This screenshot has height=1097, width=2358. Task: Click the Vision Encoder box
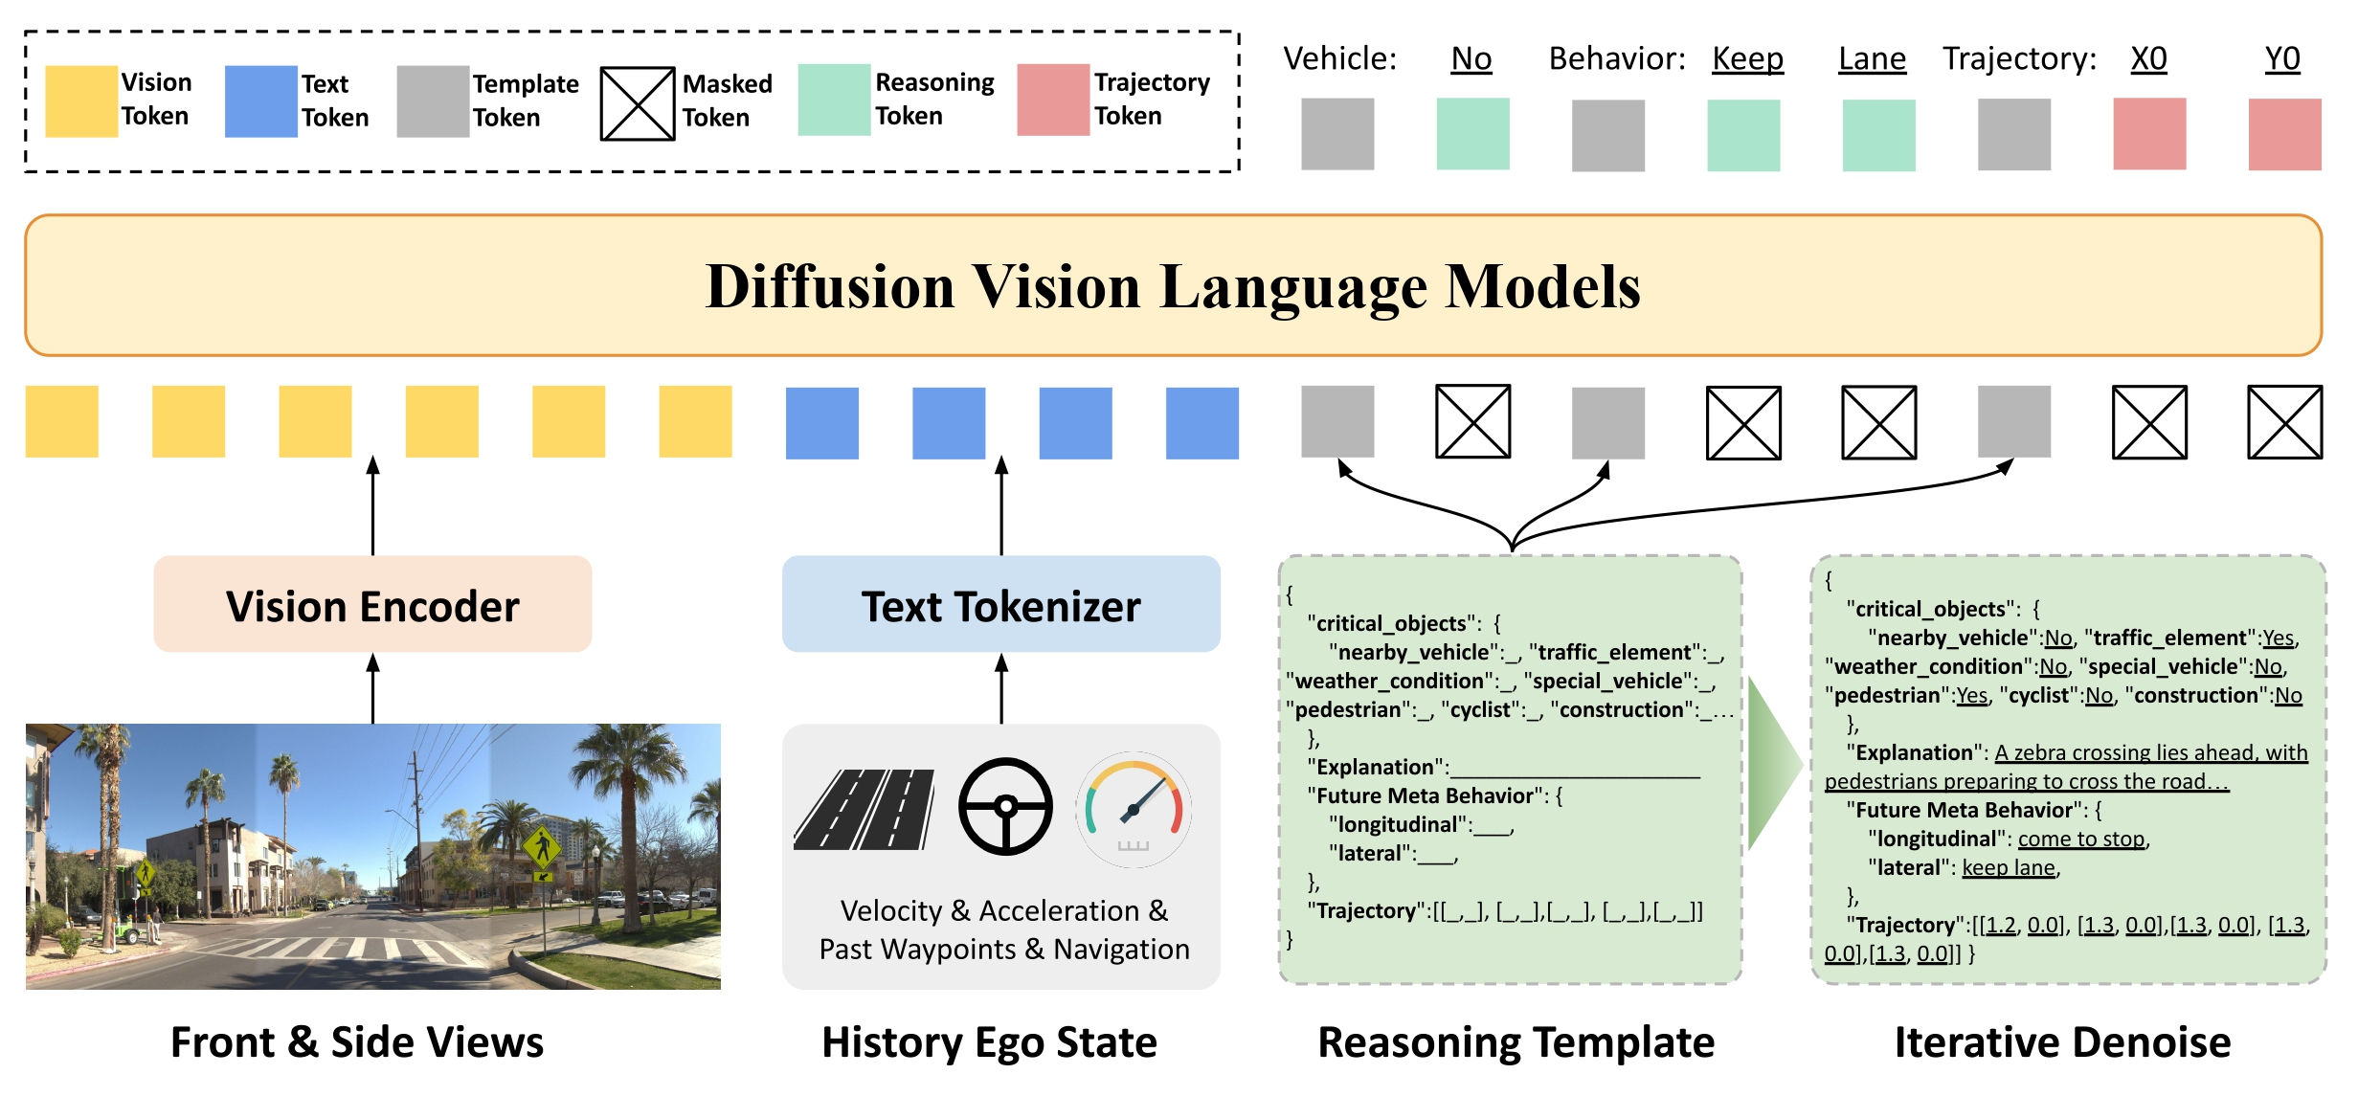372,605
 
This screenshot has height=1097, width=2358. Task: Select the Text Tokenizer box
1000,605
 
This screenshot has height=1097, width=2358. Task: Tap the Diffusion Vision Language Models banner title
1173,286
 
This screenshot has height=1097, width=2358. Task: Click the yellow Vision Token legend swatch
81,101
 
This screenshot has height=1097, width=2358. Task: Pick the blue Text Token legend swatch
260,101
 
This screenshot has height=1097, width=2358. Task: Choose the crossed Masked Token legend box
638,103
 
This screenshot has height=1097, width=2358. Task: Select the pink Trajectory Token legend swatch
1053,100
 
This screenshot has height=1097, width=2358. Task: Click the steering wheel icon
1005,806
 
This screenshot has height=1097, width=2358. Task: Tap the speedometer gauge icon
1134,809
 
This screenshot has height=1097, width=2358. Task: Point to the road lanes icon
865,810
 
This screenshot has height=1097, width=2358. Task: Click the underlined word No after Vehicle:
1471,59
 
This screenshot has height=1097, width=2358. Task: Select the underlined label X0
2148,59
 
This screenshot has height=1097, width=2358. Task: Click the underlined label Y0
2282,59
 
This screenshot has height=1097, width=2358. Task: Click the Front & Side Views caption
356,1042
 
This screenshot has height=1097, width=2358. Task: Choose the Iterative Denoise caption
2062,1042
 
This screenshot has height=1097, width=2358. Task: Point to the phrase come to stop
2081,840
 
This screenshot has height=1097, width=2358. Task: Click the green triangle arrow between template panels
1771,764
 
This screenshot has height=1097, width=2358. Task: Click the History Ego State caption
989,1042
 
